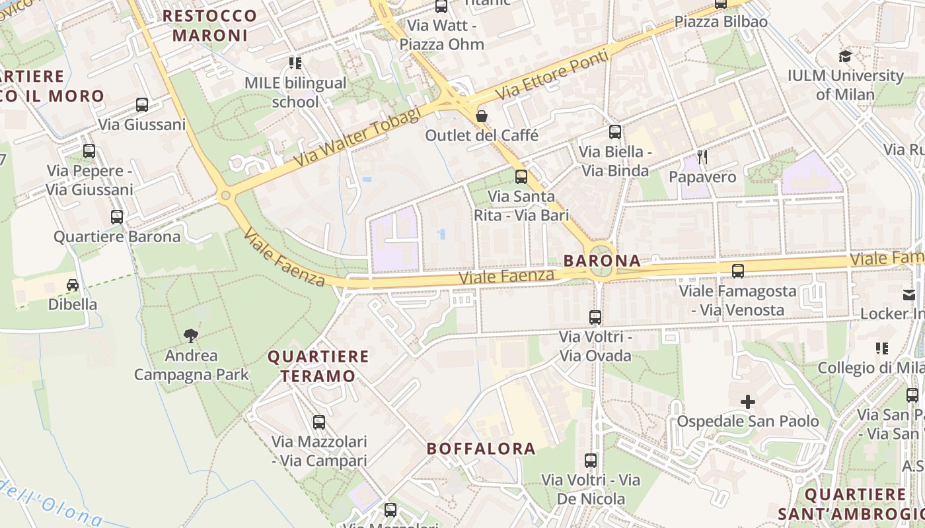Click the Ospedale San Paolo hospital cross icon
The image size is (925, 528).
tap(747, 401)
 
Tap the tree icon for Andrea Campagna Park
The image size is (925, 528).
tap(191, 336)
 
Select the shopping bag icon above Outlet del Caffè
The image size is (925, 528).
tap(482, 116)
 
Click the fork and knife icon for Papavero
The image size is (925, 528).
tap(702, 157)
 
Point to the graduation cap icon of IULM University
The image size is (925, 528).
tap(845, 56)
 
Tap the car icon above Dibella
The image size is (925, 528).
tap(73, 285)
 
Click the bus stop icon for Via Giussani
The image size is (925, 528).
tap(142, 104)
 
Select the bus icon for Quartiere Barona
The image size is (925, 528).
tap(117, 216)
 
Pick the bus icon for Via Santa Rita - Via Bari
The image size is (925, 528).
tap(521, 176)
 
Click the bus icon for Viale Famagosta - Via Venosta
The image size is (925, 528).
tap(738, 271)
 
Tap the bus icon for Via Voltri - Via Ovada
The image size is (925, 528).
tap(595, 317)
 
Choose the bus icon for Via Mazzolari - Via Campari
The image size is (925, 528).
tap(319, 422)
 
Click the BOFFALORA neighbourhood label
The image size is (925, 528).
tap(481, 449)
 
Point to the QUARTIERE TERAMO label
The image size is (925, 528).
tap(318, 366)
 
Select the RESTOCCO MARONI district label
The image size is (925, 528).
tap(210, 25)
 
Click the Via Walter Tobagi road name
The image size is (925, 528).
tap(357, 137)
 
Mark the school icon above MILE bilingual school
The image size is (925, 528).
tap(295, 63)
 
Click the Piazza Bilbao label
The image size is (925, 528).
tap(721, 22)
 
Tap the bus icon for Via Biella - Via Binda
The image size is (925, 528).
tap(615, 132)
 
